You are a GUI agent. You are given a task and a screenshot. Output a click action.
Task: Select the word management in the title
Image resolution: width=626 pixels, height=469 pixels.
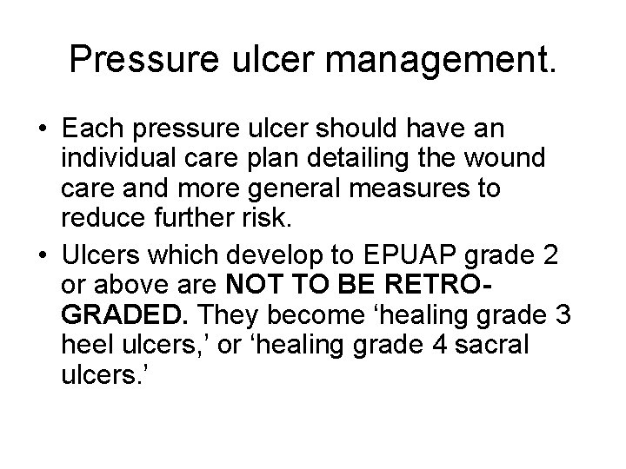pyautogui.click(x=435, y=60)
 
